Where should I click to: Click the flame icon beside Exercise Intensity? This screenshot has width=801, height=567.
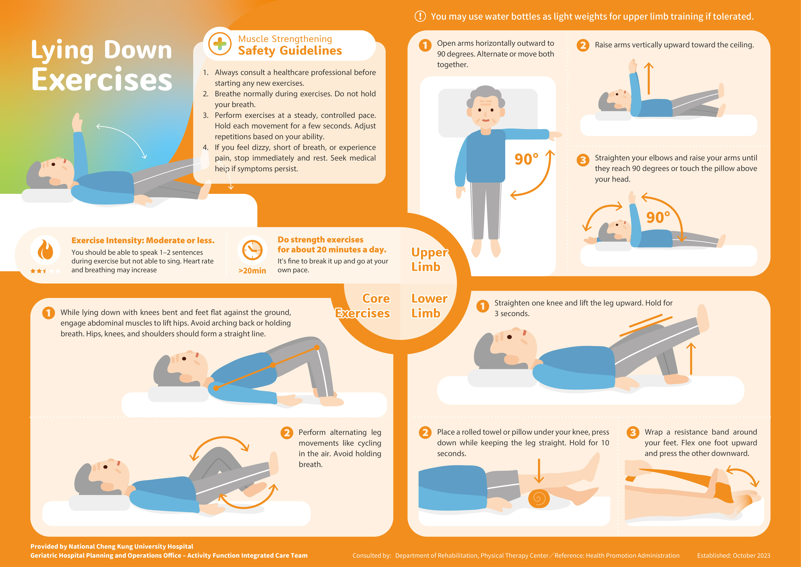point(45,250)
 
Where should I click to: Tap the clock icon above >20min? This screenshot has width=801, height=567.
point(252,250)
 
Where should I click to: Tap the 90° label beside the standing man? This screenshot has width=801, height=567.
point(526,159)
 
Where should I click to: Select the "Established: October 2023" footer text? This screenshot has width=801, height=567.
point(734,555)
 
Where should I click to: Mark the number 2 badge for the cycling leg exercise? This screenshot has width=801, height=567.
point(286,433)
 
